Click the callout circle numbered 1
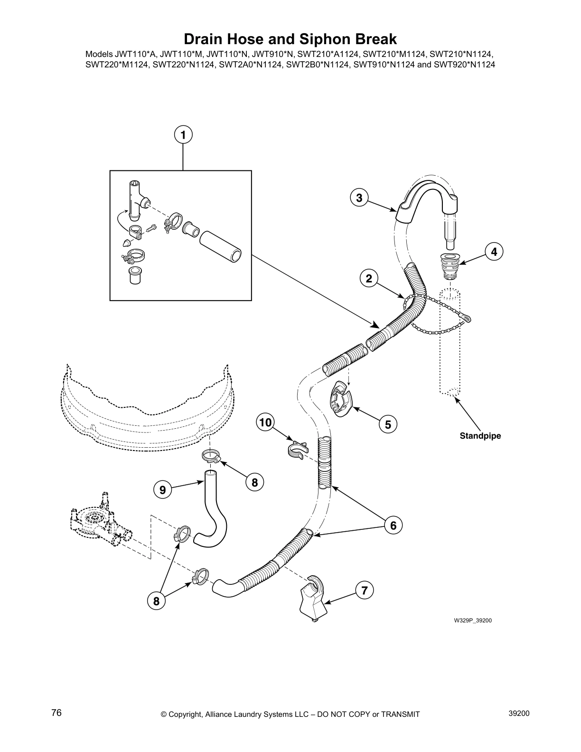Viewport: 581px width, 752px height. tap(183, 135)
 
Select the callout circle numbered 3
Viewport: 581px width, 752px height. tap(359, 197)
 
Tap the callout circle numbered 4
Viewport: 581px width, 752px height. tap(494, 252)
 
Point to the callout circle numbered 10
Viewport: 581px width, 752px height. tap(266, 422)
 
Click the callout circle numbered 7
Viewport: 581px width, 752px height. tap(364, 591)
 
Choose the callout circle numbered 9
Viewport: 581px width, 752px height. tap(163, 489)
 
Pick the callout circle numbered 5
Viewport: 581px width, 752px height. tap(388, 424)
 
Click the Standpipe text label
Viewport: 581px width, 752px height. tap(480, 435)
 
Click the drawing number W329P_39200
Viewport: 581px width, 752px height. tap(472, 620)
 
